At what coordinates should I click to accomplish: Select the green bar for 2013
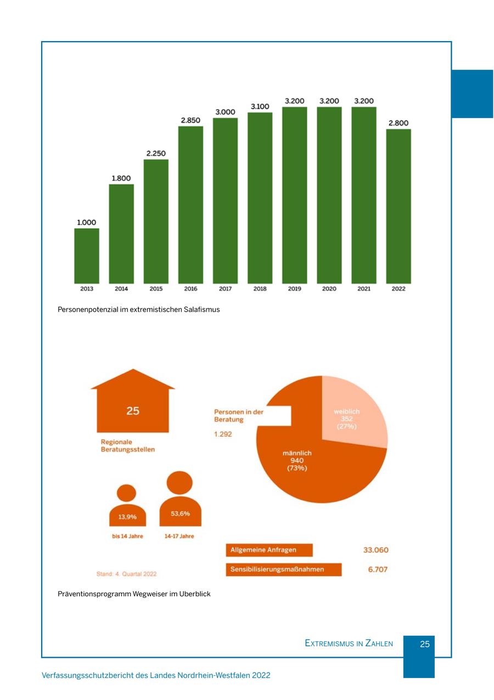[x=87, y=256]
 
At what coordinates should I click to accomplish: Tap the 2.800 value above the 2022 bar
[x=398, y=123]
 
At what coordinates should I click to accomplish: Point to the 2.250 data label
[x=156, y=153]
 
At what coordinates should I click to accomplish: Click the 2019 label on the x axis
[x=295, y=289]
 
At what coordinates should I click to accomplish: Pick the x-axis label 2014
[x=121, y=289]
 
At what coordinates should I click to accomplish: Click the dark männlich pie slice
[x=307, y=466]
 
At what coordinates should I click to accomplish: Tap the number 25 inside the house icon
[x=133, y=410]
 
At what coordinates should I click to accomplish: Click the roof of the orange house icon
[x=133, y=380]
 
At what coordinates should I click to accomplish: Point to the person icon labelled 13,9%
[x=127, y=507]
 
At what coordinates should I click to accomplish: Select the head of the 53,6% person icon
[x=179, y=482]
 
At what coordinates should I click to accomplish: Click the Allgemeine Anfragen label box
[x=269, y=550]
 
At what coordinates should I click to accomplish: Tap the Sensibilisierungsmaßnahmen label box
[x=283, y=569]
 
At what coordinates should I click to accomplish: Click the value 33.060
[x=376, y=550]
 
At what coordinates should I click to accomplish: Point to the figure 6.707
[x=378, y=569]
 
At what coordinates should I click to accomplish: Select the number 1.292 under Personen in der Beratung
[x=223, y=434]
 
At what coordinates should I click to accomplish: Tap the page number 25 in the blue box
[x=425, y=644]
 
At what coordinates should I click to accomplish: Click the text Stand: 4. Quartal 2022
[x=127, y=574]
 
